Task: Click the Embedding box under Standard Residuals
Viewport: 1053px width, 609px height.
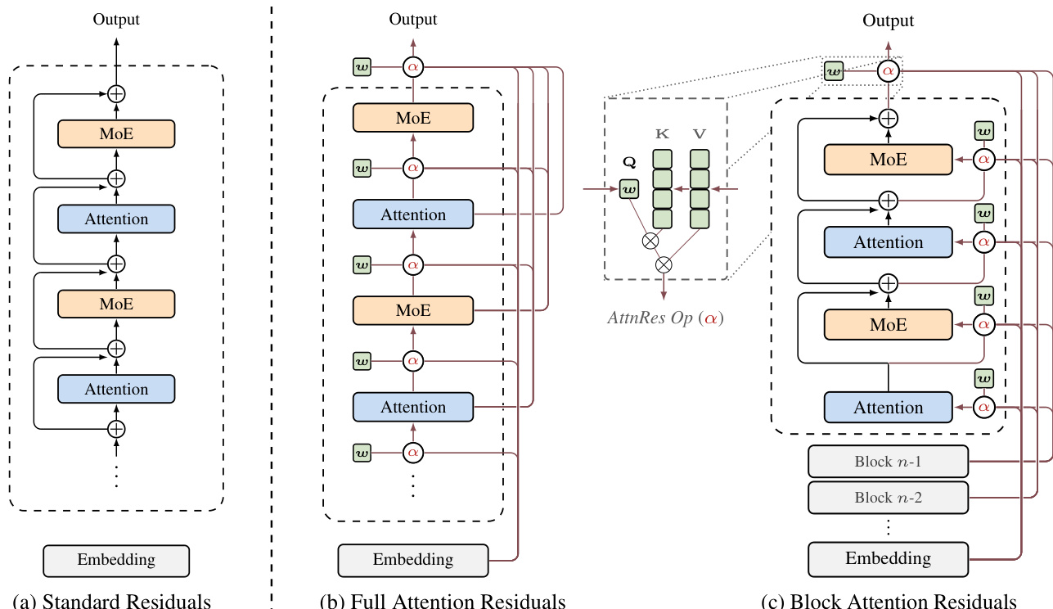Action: [116, 561]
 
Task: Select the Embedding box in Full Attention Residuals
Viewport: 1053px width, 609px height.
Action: [413, 560]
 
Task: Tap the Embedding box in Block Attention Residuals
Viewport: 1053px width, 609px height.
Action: [888, 559]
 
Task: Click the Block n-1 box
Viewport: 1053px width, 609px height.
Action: [888, 462]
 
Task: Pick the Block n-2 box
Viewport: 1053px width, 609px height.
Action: [888, 497]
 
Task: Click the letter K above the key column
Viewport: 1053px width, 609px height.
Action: [661, 133]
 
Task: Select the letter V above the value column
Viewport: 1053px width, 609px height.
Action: [699, 133]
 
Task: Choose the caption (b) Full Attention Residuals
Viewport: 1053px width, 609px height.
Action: [443, 602]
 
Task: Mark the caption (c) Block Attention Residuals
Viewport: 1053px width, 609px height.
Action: [889, 602]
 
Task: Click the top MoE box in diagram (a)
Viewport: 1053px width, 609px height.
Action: [116, 133]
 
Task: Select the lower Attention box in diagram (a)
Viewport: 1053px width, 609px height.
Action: [116, 389]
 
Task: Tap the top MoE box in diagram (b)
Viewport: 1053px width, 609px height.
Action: [413, 118]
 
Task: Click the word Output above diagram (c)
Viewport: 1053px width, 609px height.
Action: [888, 20]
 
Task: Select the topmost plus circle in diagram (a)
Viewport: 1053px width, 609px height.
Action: [117, 93]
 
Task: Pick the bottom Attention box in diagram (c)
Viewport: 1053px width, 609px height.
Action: [888, 407]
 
